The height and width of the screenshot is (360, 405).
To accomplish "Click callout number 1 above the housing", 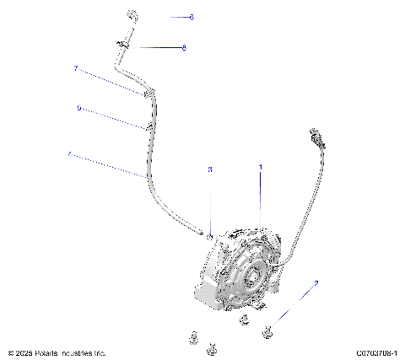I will (x=260, y=168).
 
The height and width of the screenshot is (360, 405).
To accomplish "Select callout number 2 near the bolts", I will (x=316, y=283).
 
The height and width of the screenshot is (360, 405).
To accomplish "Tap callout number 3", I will (x=210, y=169).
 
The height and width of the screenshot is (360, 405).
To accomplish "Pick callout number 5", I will (x=79, y=108).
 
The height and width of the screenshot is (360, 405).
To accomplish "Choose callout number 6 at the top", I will (x=192, y=17).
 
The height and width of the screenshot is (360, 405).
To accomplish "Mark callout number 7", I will (x=75, y=68).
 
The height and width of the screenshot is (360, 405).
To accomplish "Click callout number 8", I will (x=184, y=47).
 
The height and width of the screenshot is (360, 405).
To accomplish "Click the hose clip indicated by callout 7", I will (x=148, y=94).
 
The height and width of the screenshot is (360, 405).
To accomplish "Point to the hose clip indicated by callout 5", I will (x=148, y=127).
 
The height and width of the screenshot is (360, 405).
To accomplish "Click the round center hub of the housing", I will (x=251, y=276).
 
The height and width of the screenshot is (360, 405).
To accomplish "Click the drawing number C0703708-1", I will (x=376, y=352).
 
